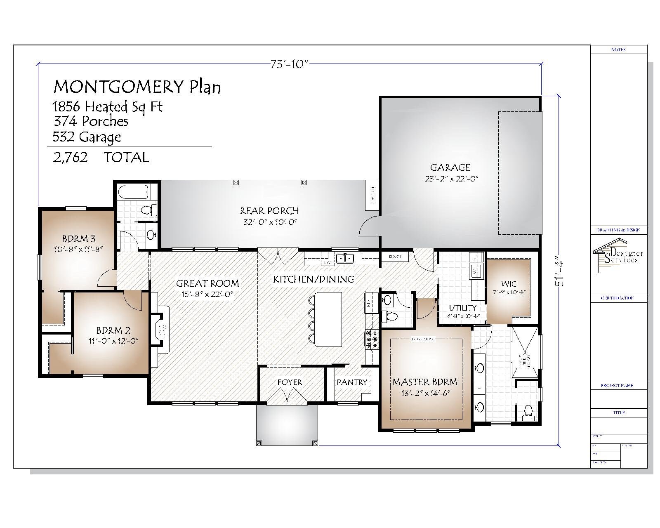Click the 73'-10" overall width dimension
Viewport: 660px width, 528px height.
coord(289,64)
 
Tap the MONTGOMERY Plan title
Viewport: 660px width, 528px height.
coord(137,87)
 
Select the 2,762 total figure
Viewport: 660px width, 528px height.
coord(70,157)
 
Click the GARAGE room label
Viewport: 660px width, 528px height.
coord(450,167)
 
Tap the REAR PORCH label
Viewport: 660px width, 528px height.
coord(269,211)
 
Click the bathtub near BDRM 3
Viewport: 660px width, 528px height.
coord(133,192)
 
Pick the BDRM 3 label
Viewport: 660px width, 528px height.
coord(79,239)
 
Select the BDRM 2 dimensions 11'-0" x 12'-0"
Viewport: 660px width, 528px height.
coord(113,341)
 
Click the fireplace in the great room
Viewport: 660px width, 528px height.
coord(160,330)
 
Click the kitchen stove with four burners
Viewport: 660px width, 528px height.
coord(372,339)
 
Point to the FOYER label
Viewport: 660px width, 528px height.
coord(290,382)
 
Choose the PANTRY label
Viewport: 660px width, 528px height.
coord(351,382)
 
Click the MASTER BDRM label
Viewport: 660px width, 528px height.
coord(424,382)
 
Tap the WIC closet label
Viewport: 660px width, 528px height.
coord(509,284)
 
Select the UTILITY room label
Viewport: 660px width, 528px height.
coord(462,308)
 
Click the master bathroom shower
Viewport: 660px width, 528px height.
coord(525,353)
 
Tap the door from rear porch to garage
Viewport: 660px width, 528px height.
coord(370,226)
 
